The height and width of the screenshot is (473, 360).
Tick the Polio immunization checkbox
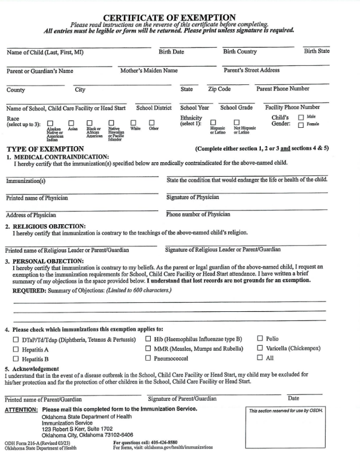[x=260, y=339]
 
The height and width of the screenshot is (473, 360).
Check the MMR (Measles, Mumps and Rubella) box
[x=148, y=349]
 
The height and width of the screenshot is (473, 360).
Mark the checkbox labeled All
[x=260, y=358]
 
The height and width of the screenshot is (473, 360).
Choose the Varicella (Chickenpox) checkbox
[x=260, y=349]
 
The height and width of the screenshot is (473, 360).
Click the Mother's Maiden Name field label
[x=148, y=71]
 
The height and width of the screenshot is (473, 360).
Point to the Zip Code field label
[x=219, y=89]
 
